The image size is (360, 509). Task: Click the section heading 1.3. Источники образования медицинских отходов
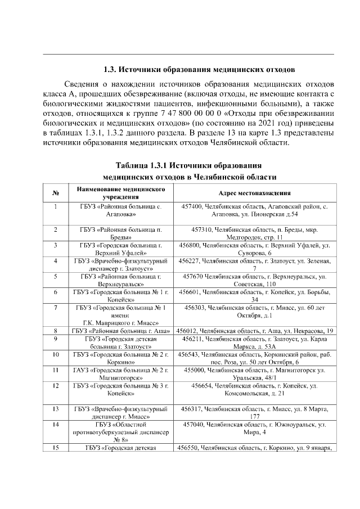pyautogui.click(x=199, y=71)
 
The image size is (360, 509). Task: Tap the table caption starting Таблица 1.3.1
pyautogui.click(x=189, y=166)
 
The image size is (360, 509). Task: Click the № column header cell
pyautogui.click(x=56, y=193)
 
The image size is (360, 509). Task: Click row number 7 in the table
pyautogui.click(x=56, y=307)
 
